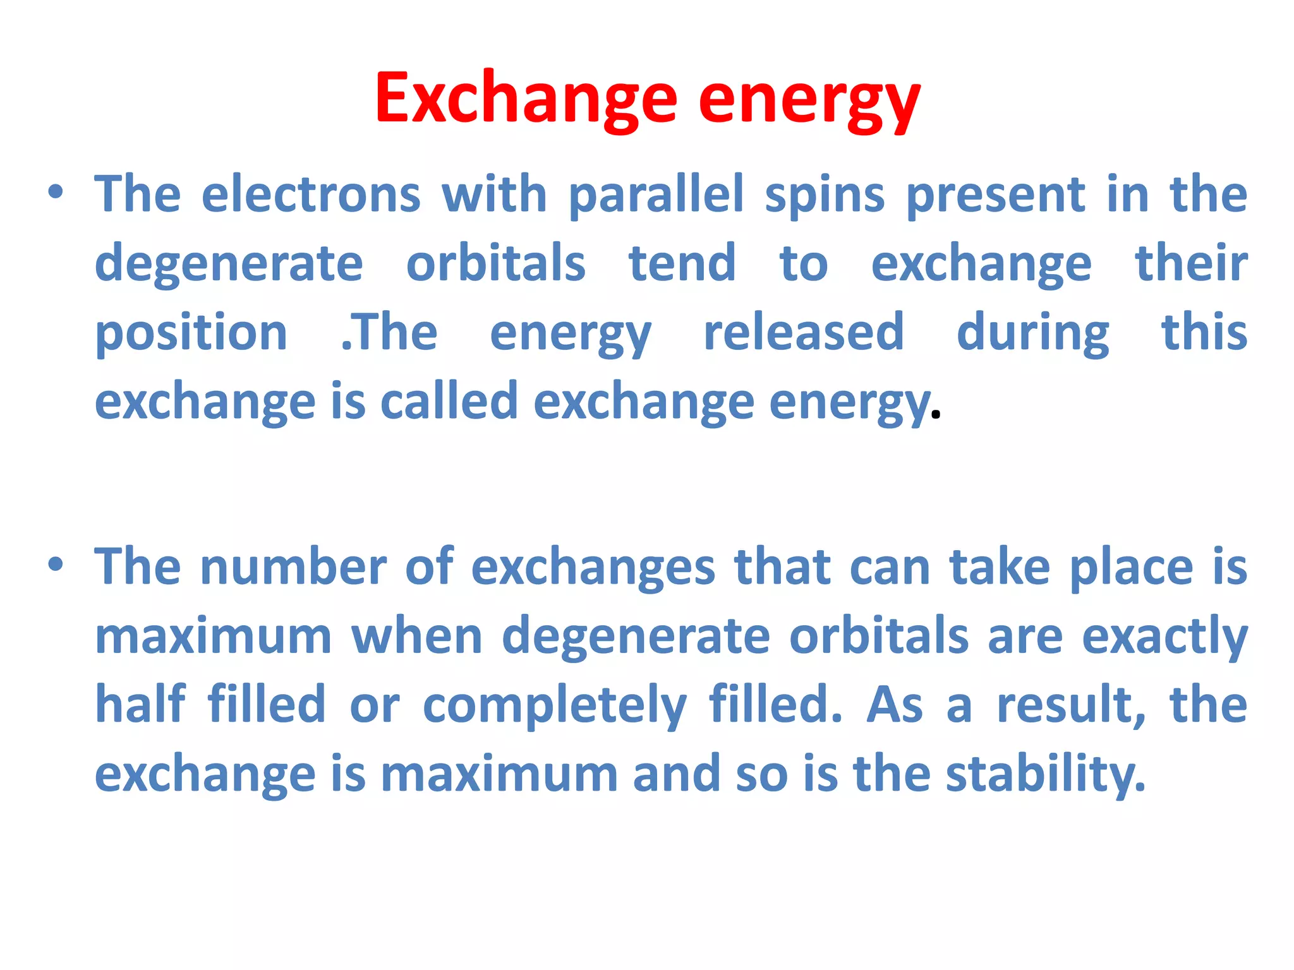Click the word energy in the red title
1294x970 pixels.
point(809,101)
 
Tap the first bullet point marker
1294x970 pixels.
point(56,191)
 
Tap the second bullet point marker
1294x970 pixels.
point(56,564)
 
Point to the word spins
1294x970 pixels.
point(825,196)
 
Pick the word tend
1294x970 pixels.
point(682,263)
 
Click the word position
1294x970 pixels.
point(191,333)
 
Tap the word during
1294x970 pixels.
point(1032,333)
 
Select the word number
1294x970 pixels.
point(293,567)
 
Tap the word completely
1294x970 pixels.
point(554,705)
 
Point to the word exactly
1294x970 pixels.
point(1164,637)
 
